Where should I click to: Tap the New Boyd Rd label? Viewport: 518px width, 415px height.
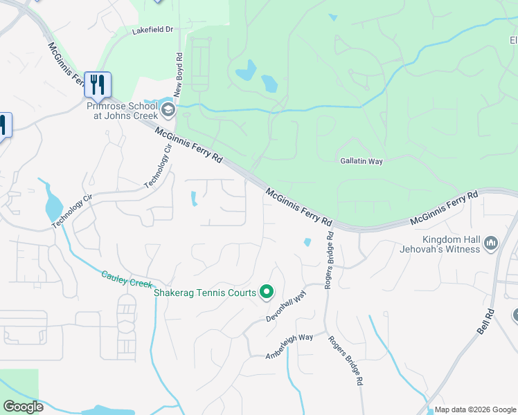pos(178,75)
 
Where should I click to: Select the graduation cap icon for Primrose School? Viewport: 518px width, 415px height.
pos(167,109)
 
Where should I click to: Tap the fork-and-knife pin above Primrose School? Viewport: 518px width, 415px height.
pos(98,85)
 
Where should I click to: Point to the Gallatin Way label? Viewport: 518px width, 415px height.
pos(361,161)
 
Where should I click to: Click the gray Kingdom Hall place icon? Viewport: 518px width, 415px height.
pos(491,243)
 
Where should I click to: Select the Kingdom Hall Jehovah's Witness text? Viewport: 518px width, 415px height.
pos(441,243)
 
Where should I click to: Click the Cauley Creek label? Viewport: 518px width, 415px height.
pos(126,279)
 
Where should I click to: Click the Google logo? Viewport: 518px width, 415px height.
pos(23,407)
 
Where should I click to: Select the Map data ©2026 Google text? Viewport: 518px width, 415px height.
pos(474,409)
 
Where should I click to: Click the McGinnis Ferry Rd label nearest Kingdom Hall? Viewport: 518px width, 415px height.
pos(444,210)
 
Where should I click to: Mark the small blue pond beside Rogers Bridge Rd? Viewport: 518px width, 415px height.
pos(307,242)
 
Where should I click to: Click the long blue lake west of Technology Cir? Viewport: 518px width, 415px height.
pos(53,203)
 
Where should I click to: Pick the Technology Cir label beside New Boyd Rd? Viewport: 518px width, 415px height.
pos(158,167)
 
